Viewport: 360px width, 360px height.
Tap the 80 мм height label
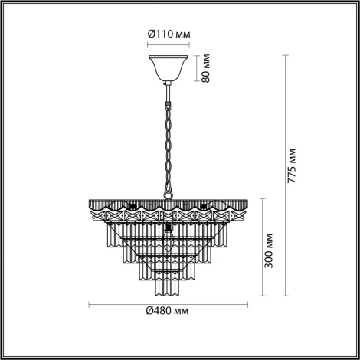click(x=205, y=69)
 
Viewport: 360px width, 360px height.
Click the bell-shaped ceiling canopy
click(x=166, y=67)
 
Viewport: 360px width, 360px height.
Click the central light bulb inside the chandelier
click(x=166, y=230)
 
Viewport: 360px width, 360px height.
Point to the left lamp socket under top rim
click(x=132, y=205)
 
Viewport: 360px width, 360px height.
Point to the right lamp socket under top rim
click(x=202, y=205)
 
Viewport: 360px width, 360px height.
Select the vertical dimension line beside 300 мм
click(x=254, y=247)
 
